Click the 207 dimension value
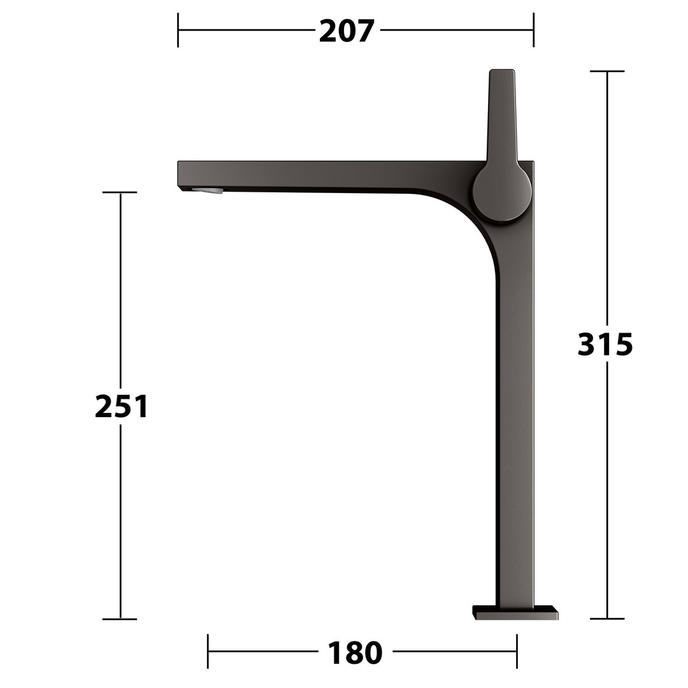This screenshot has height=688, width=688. click(347, 31)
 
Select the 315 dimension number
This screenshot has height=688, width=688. click(605, 344)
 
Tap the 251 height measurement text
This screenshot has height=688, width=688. click(122, 406)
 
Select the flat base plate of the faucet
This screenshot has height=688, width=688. click(515, 613)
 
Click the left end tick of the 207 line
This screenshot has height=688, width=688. click(178, 30)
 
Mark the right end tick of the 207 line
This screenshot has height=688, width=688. click(533, 30)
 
